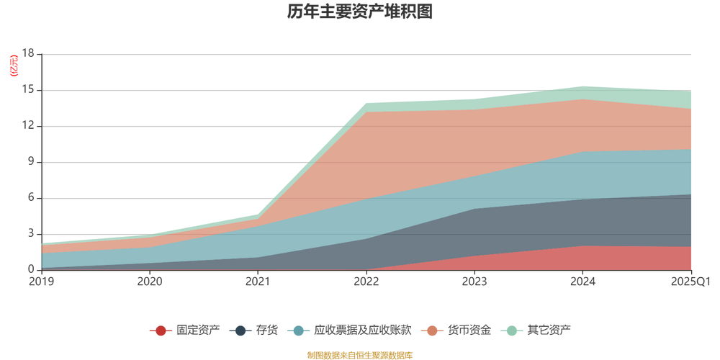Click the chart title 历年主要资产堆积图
[x=359, y=12]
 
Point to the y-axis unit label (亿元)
[x=14, y=66]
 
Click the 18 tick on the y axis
[x=28, y=54]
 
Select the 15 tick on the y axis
[x=28, y=90]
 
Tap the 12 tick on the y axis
[x=28, y=126]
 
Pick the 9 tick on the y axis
[x=31, y=162]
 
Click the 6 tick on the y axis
[x=31, y=198]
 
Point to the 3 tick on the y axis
[x=31, y=234]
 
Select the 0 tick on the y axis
[x=31, y=270]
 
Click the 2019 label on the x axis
[x=42, y=282]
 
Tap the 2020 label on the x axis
[x=150, y=282]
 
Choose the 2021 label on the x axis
[x=258, y=282]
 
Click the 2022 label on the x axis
[x=366, y=282]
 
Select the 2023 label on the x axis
[x=474, y=282]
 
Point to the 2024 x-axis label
[x=582, y=282]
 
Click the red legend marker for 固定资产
[x=161, y=330]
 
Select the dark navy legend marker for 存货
[x=240, y=330]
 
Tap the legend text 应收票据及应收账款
[x=362, y=330]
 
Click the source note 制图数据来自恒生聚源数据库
[x=359, y=355]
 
